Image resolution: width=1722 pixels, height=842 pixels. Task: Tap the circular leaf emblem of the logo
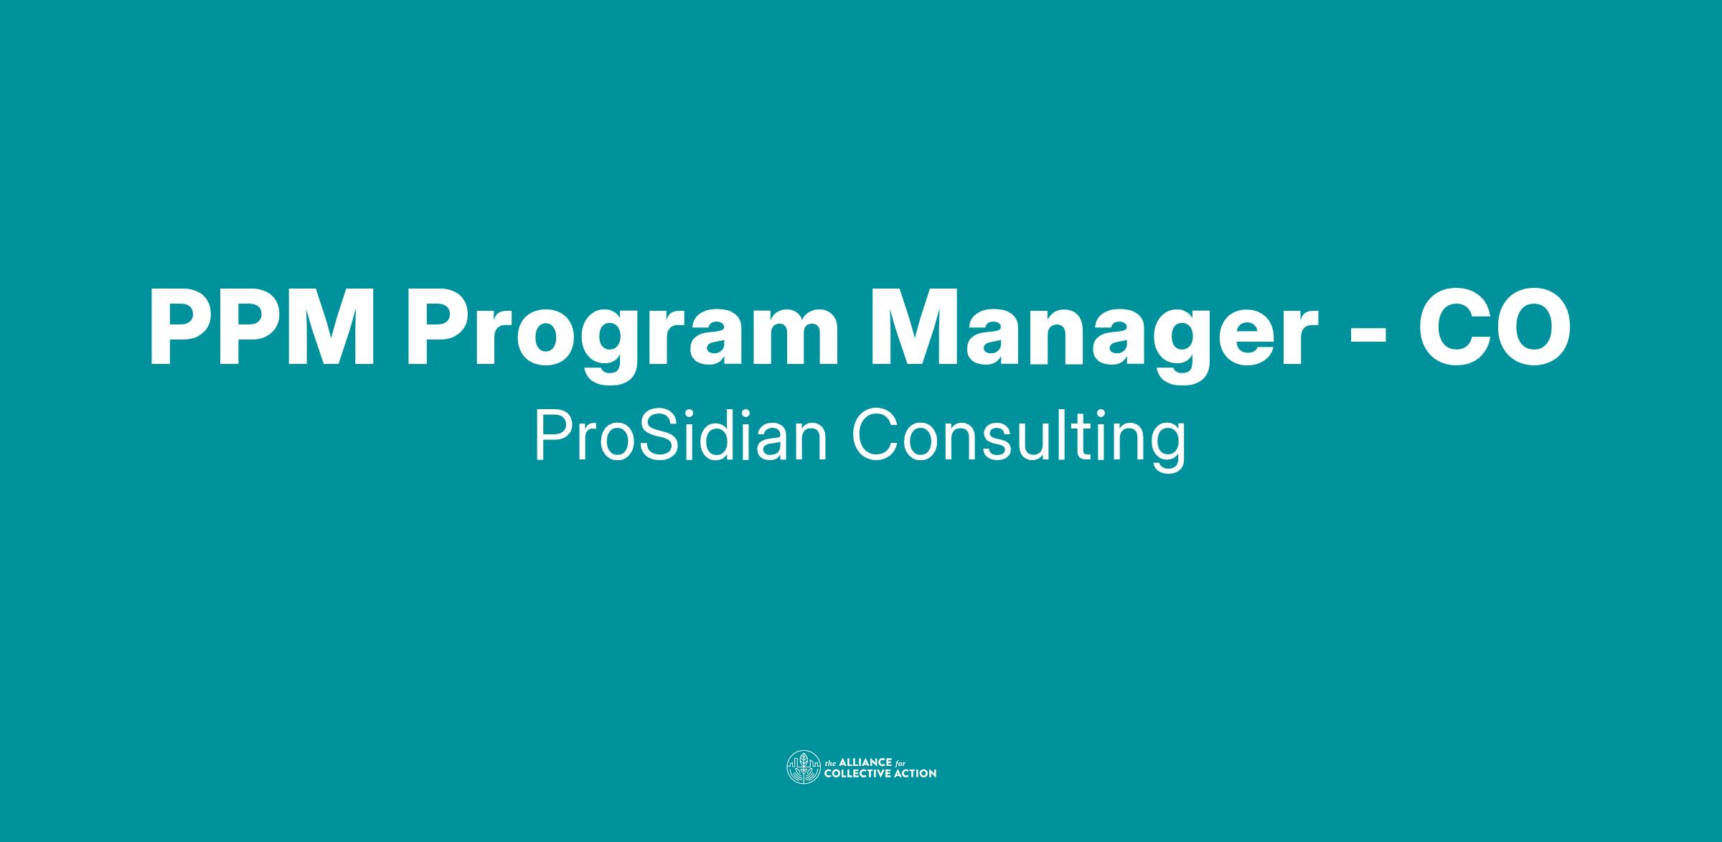[804, 767]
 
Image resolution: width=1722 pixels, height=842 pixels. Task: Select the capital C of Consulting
[876, 437]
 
